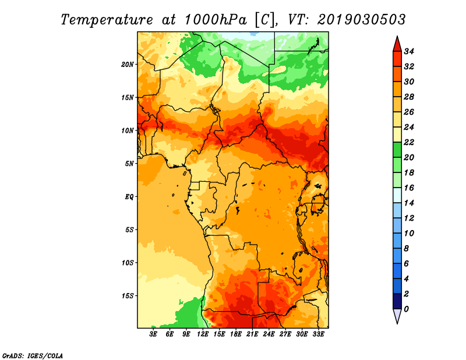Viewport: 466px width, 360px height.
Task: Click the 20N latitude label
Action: click(128, 65)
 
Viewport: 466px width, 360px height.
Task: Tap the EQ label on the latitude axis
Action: click(129, 197)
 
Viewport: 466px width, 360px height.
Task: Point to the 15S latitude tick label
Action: click(128, 296)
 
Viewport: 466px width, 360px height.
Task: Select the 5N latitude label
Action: click(129, 164)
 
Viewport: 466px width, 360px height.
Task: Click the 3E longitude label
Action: click(153, 334)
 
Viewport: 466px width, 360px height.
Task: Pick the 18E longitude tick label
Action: click(236, 334)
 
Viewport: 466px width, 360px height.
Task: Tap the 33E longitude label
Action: click(318, 334)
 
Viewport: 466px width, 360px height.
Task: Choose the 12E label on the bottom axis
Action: click(203, 334)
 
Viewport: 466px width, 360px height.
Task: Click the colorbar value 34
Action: click(409, 51)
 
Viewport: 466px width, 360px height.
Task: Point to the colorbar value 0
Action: click(406, 309)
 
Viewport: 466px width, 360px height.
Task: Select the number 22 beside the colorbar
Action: click(409, 142)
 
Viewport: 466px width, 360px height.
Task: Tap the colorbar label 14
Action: click(409, 203)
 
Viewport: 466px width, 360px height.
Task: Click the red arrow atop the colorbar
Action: click(397, 45)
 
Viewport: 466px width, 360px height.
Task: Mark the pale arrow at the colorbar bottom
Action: click(397, 315)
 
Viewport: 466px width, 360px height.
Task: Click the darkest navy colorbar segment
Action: click(397, 301)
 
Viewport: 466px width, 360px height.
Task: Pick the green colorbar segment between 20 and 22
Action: click(397, 150)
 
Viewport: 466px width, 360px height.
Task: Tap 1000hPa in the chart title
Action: click(216, 20)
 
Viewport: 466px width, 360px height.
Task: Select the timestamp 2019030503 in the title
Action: click(361, 20)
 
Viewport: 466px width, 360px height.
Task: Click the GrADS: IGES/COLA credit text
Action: click(33, 356)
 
